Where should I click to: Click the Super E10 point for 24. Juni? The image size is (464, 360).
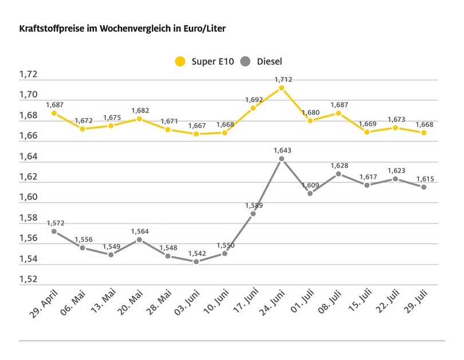point(281,88)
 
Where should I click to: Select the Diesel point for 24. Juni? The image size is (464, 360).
point(281,159)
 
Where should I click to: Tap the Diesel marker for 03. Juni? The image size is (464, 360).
point(196,261)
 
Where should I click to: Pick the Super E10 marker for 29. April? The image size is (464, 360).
point(54,113)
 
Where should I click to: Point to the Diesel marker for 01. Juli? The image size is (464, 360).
point(310,193)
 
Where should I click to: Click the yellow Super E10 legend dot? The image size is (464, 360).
point(181,61)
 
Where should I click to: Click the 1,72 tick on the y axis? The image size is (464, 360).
point(28,75)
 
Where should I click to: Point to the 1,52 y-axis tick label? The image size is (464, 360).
point(28,279)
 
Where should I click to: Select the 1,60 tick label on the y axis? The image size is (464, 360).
point(28,197)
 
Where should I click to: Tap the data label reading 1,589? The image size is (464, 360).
point(252,205)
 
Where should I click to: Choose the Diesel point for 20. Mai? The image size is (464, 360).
point(139,240)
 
